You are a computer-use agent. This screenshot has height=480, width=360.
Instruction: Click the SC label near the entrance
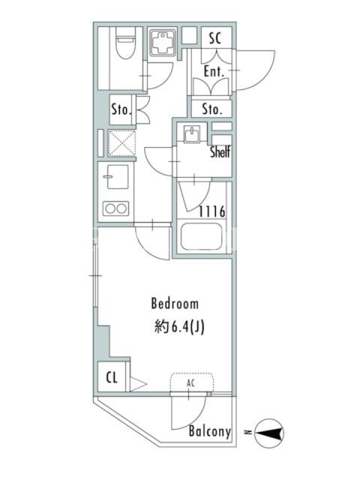tap(215, 38)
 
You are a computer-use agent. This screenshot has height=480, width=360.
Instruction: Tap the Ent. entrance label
tap(214, 72)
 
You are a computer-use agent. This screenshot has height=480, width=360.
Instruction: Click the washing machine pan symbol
tap(162, 43)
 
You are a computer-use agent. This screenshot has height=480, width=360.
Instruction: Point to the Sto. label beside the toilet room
tap(122, 109)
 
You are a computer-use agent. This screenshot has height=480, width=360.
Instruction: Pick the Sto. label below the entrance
tap(212, 109)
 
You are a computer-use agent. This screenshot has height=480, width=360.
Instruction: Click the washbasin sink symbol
tap(192, 134)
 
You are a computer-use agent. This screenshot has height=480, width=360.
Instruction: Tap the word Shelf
tap(220, 152)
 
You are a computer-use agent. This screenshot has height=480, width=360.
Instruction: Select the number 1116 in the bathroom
tap(212, 212)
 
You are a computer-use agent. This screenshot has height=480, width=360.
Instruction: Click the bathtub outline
tap(201, 236)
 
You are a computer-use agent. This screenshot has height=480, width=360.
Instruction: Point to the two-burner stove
tap(116, 208)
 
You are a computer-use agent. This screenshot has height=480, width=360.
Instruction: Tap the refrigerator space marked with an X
tap(122, 143)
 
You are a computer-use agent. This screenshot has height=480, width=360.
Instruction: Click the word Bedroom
tap(175, 304)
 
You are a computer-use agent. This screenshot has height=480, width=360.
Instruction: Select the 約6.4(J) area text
tap(179, 327)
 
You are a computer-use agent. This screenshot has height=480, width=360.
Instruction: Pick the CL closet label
tap(112, 377)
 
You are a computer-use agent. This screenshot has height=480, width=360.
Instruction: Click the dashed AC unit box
tap(192, 382)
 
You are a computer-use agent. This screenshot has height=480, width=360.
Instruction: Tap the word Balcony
tap(209, 431)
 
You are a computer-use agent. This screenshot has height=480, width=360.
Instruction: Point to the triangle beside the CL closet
tap(138, 384)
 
